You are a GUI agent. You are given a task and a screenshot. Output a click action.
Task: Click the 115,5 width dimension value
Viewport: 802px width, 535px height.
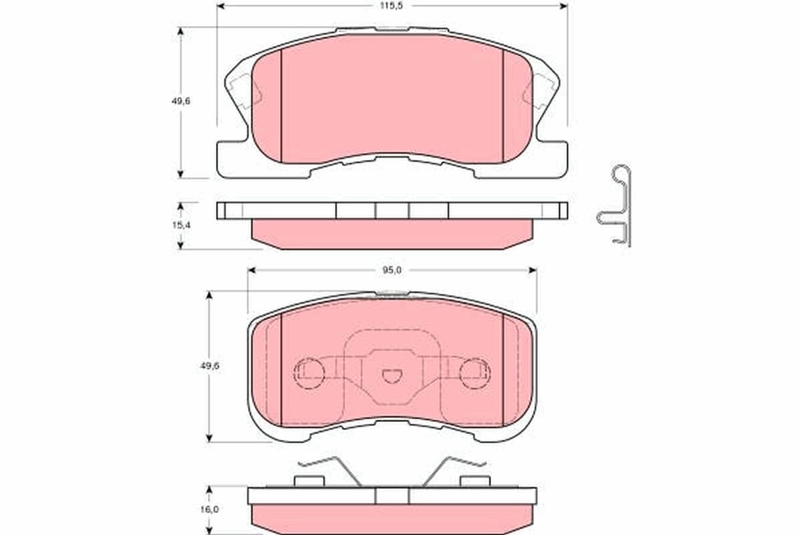[x=392, y=6]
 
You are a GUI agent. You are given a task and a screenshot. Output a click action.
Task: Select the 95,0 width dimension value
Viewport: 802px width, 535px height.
[x=392, y=271]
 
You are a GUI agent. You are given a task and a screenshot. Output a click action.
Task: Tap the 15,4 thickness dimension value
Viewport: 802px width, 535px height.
[x=182, y=225]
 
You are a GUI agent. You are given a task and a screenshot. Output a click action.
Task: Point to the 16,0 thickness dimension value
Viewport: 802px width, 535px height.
[x=209, y=509]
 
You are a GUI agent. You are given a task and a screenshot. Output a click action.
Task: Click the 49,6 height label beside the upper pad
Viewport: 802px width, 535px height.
[x=181, y=102]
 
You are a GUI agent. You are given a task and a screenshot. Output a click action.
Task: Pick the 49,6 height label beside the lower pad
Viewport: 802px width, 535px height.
[x=210, y=366]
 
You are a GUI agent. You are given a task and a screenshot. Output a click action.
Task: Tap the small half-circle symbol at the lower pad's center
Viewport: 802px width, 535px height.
[x=392, y=377]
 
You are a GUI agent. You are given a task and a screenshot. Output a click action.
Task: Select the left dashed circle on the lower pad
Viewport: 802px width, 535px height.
[x=309, y=373]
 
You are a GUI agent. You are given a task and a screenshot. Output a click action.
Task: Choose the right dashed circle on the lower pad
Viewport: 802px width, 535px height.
[x=475, y=373]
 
